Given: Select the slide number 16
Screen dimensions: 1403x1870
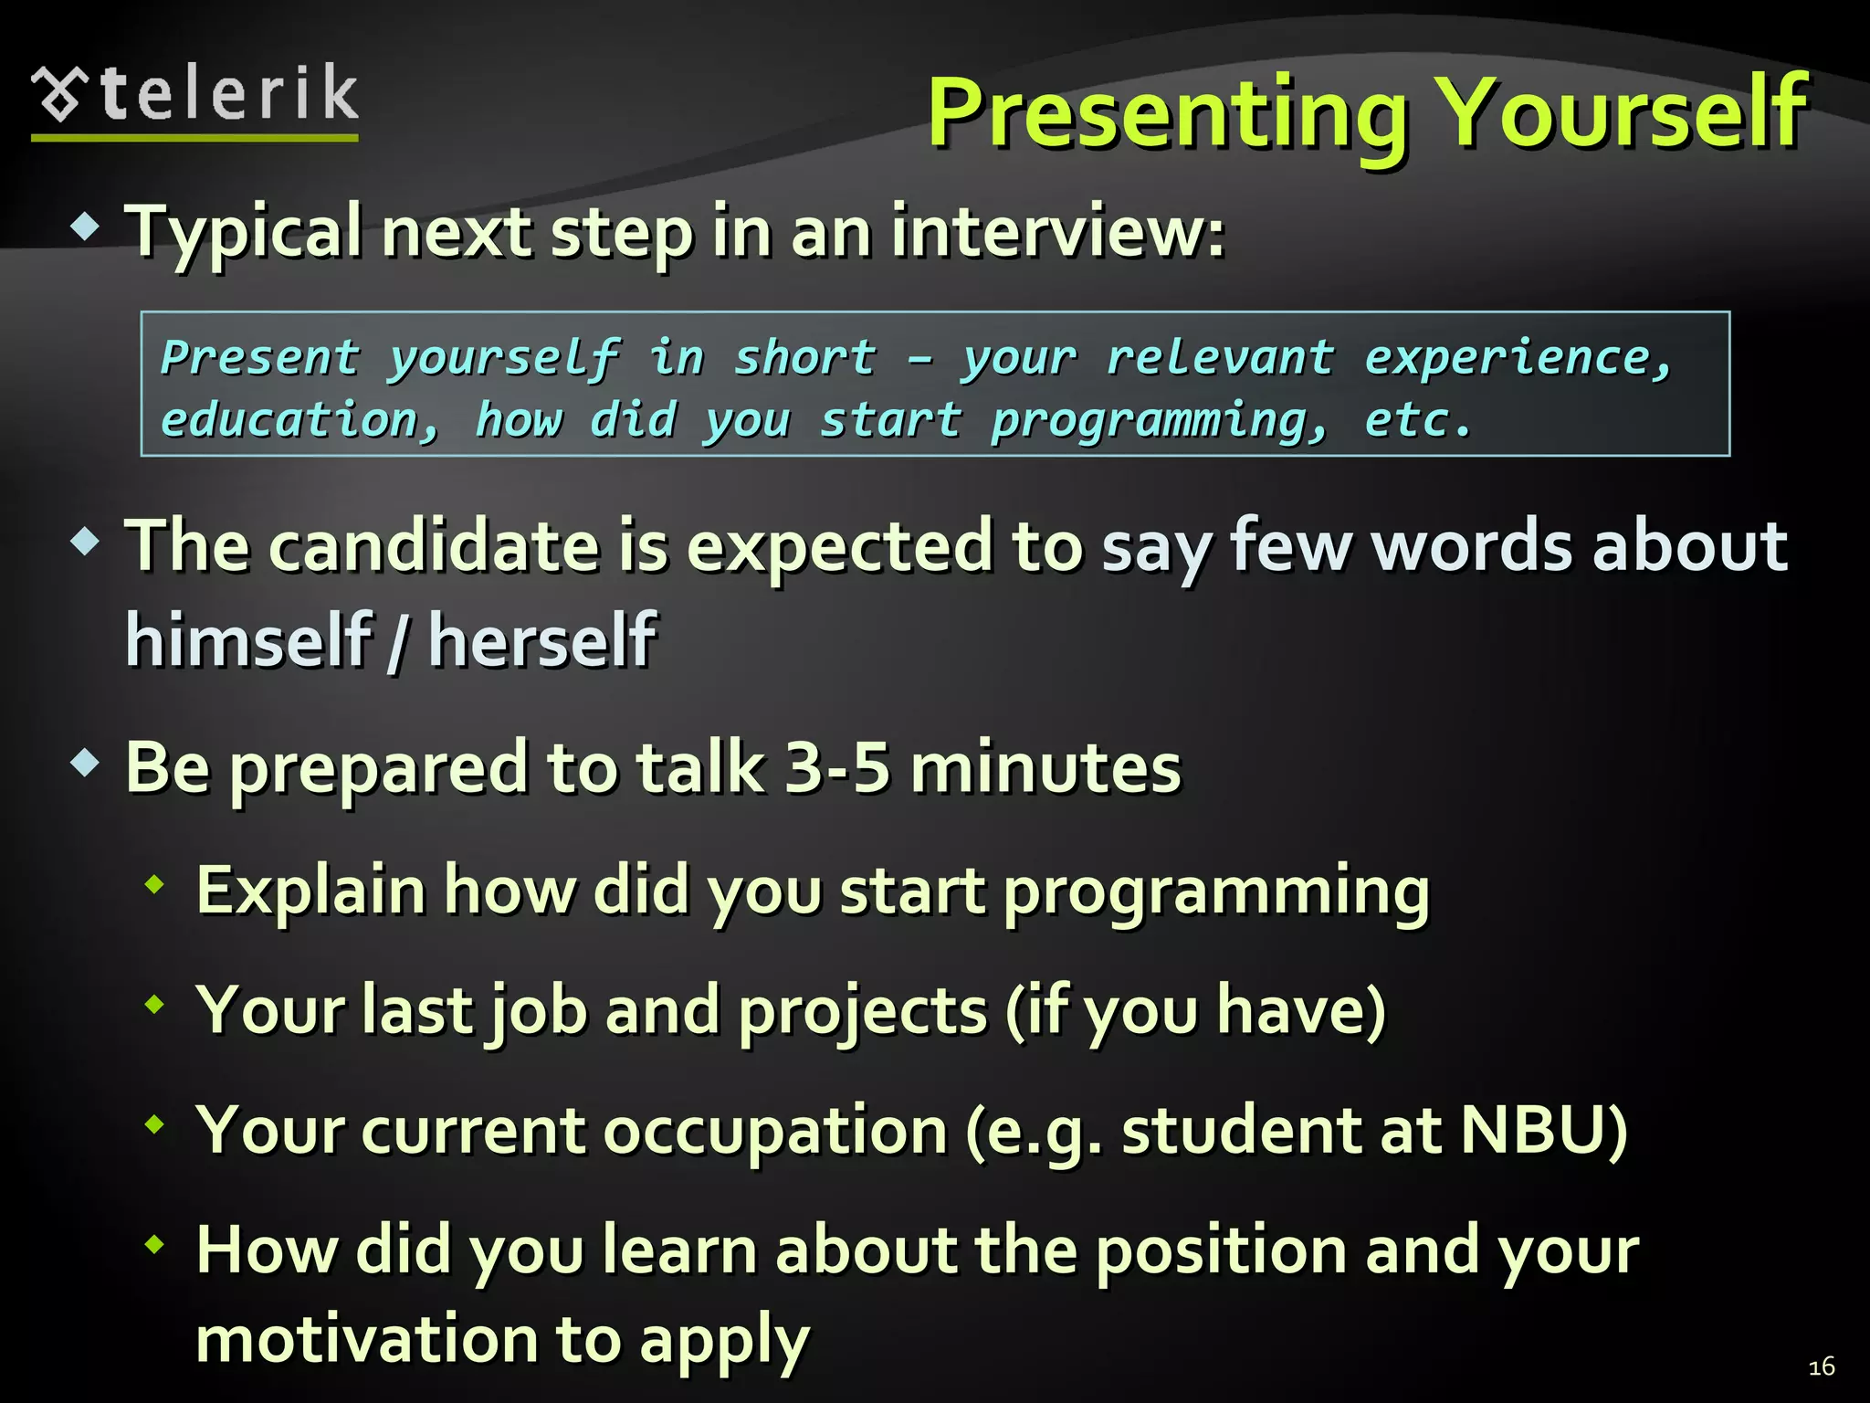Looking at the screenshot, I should (x=1821, y=1366).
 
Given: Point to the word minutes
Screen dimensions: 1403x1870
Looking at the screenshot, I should (x=1045, y=768).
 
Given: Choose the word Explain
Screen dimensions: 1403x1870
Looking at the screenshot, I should (x=310, y=891).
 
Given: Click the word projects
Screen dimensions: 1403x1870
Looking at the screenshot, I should (x=863, y=1012).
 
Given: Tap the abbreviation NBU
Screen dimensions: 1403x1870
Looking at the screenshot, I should (x=1543, y=1131).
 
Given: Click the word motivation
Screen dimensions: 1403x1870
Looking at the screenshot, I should (x=364, y=1340).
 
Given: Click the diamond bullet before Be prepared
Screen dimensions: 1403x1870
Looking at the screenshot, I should (x=85, y=763).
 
